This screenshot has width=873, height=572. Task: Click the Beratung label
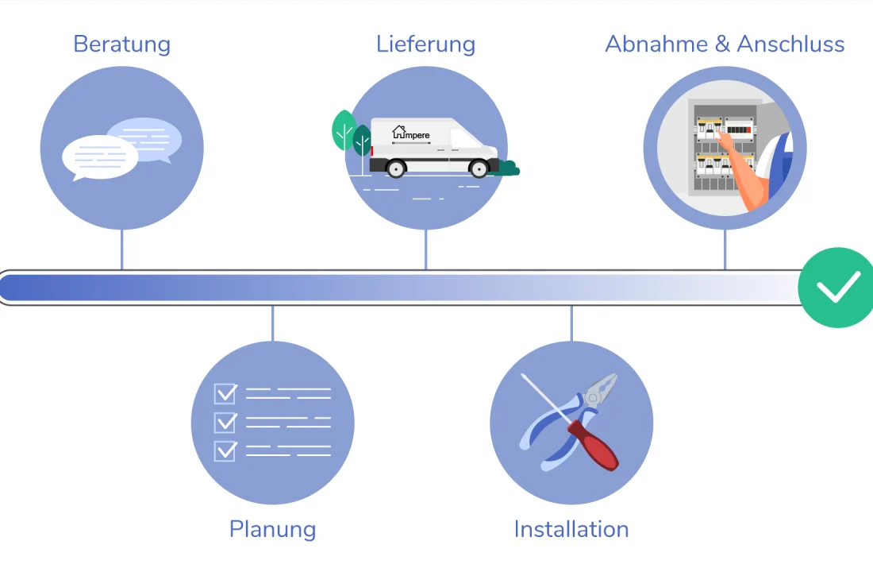pos(121,44)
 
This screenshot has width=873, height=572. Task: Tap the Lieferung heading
pos(425,44)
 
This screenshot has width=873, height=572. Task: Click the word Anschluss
pos(790,44)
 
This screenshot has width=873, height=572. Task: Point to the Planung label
pos(272,529)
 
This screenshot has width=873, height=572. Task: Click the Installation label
pos(571,529)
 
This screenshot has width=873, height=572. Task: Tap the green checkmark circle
pos(836,288)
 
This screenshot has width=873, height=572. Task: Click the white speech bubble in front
pos(99,157)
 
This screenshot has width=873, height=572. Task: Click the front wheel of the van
pos(479,168)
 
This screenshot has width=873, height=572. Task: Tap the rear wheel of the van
pos(395,168)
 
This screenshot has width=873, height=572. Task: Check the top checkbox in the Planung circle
pos(225,392)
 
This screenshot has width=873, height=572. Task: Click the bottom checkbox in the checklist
pos(225,450)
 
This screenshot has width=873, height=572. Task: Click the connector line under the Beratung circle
pos(121,249)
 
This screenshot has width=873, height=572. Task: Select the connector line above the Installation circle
pos(571,323)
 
